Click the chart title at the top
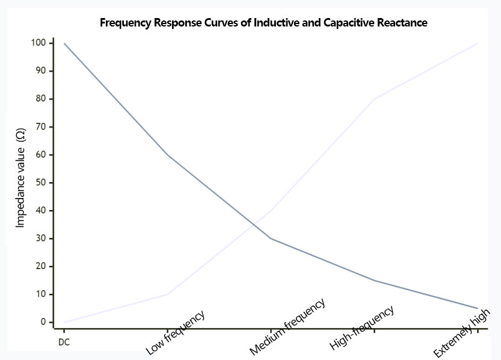(x=263, y=23)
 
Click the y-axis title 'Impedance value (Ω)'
(x=20, y=182)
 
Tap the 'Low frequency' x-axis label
(x=175, y=332)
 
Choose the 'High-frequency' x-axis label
(x=362, y=328)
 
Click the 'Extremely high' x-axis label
(x=463, y=332)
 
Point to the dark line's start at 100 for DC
(x=64, y=43)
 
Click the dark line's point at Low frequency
(x=167, y=155)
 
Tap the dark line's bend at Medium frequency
(x=271, y=238)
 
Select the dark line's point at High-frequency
(x=374, y=281)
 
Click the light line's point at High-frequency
(x=374, y=99)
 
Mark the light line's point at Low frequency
(x=167, y=294)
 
